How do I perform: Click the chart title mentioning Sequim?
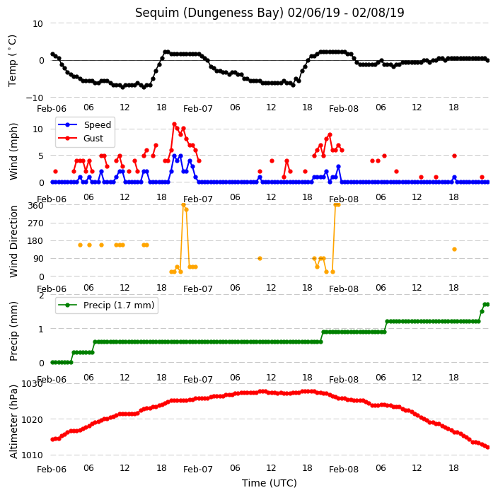[x=270, y=13]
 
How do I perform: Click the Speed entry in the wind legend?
[x=84, y=124]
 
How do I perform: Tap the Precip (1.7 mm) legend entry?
[x=106, y=305]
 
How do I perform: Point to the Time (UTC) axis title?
[x=270, y=482]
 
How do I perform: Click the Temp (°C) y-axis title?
[x=12, y=61]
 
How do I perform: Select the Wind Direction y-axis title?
[x=13, y=241]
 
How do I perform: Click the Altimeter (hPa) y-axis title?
[x=13, y=421]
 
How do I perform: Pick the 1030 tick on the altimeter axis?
[x=32, y=384]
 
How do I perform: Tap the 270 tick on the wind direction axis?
[x=35, y=223]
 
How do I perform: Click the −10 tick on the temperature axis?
[x=34, y=98]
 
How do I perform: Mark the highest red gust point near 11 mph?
[x=174, y=124]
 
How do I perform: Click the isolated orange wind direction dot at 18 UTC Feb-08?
[x=454, y=249]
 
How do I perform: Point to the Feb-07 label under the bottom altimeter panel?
[x=198, y=469]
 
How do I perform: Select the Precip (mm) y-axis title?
[x=13, y=331]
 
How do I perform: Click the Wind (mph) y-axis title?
[x=13, y=152]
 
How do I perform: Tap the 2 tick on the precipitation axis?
[x=41, y=296]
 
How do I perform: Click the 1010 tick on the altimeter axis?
[x=32, y=455]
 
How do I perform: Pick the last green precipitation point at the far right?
[x=488, y=305]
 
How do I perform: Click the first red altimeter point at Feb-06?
[x=52, y=439]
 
